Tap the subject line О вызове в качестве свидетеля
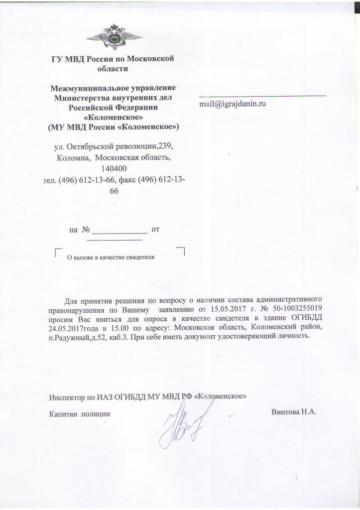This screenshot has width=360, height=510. tap(111, 257)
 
